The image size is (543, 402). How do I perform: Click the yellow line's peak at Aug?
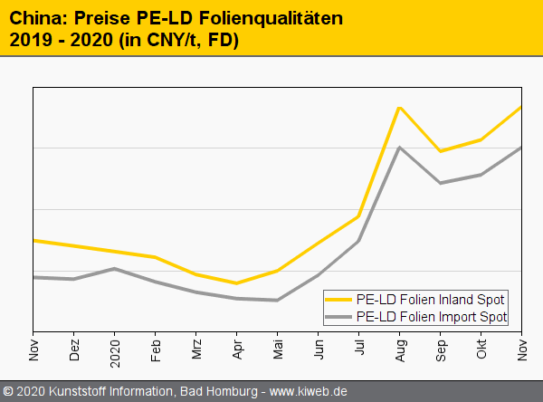[399, 108]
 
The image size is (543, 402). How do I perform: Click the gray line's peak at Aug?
[399, 148]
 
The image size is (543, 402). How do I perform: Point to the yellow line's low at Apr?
[237, 283]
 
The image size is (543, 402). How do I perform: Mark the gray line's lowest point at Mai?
[277, 300]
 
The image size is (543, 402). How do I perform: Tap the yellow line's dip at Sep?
[440, 151]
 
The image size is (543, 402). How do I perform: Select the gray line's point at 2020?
[114, 268]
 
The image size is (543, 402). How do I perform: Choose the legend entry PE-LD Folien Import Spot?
[432, 317]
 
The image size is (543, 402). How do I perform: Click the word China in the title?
[36, 18]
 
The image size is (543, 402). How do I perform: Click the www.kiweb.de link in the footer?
[309, 391]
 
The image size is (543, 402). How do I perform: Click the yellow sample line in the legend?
[340, 300]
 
